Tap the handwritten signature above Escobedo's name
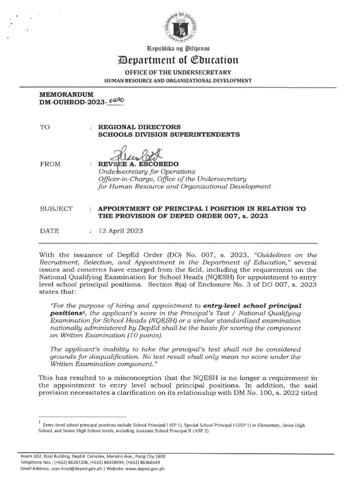135,155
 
